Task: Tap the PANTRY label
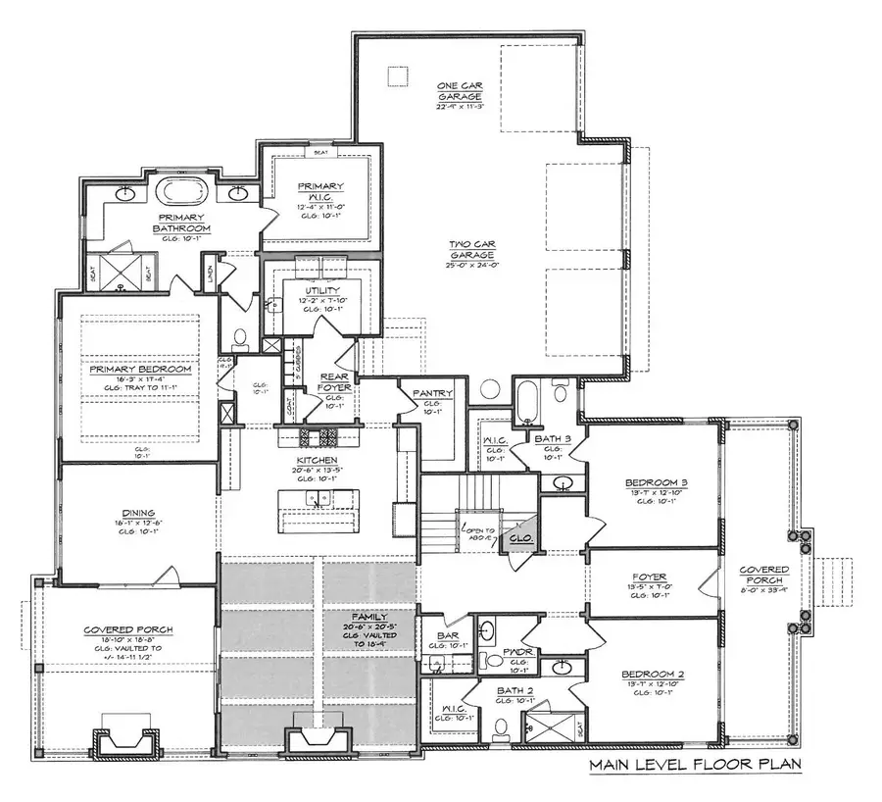coord(432,394)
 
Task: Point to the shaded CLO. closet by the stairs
coord(520,538)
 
